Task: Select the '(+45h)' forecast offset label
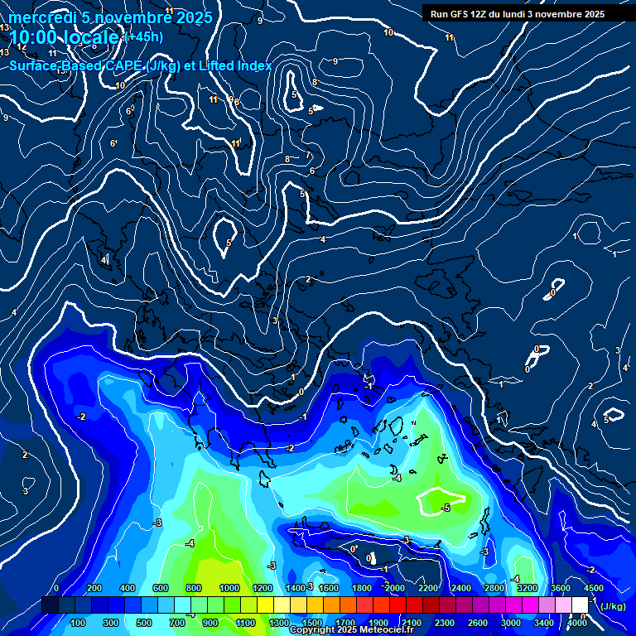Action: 142,36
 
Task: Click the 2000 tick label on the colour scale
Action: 395,588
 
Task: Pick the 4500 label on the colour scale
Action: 594,588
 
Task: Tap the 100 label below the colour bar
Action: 79,623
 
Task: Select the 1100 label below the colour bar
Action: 246,623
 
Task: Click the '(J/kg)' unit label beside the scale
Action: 612,607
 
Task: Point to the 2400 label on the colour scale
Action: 461,588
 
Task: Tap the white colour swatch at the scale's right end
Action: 580,605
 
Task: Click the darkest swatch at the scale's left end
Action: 50,605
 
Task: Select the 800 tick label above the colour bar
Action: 195,588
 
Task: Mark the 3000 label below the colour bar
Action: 511,623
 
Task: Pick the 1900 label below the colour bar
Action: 378,623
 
